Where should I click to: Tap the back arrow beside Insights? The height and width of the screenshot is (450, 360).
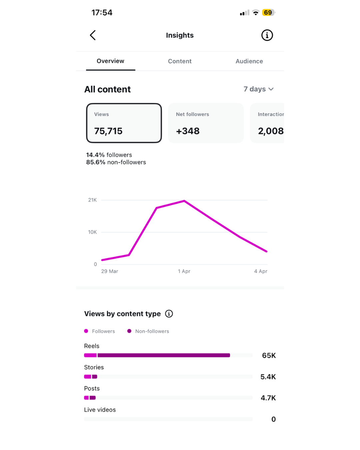tap(93, 35)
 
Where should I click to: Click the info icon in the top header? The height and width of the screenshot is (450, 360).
tap(267, 35)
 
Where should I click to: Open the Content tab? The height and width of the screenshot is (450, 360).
tap(180, 61)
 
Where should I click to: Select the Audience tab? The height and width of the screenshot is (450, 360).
tap(249, 61)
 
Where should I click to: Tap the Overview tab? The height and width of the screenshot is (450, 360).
tap(110, 61)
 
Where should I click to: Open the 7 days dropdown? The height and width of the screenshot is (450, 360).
tap(258, 89)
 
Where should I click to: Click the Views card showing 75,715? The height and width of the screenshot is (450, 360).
tap(124, 123)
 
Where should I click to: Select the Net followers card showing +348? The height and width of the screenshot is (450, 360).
tap(206, 123)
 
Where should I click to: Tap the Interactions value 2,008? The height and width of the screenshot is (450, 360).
tap(270, 131)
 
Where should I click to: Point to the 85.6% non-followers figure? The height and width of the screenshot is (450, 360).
tap(116, 162)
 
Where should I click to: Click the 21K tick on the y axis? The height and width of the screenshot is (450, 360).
tap(92, 200)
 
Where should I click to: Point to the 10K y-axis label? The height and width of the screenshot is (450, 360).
tap(92, 232)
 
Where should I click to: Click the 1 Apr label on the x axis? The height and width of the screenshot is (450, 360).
tap(184, 271)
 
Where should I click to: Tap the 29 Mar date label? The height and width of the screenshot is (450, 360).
tap(110, 271)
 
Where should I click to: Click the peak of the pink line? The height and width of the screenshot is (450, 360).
tap(184, 201)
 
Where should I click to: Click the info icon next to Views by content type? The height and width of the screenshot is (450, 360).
tap(169, 314)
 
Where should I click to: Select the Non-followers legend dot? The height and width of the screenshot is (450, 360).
tap(129, 331)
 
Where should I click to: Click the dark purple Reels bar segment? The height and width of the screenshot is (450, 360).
tap(164, 355)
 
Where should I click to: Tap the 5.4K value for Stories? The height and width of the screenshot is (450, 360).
tap(268, 377)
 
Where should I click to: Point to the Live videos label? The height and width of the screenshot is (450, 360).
tap(100, 410)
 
